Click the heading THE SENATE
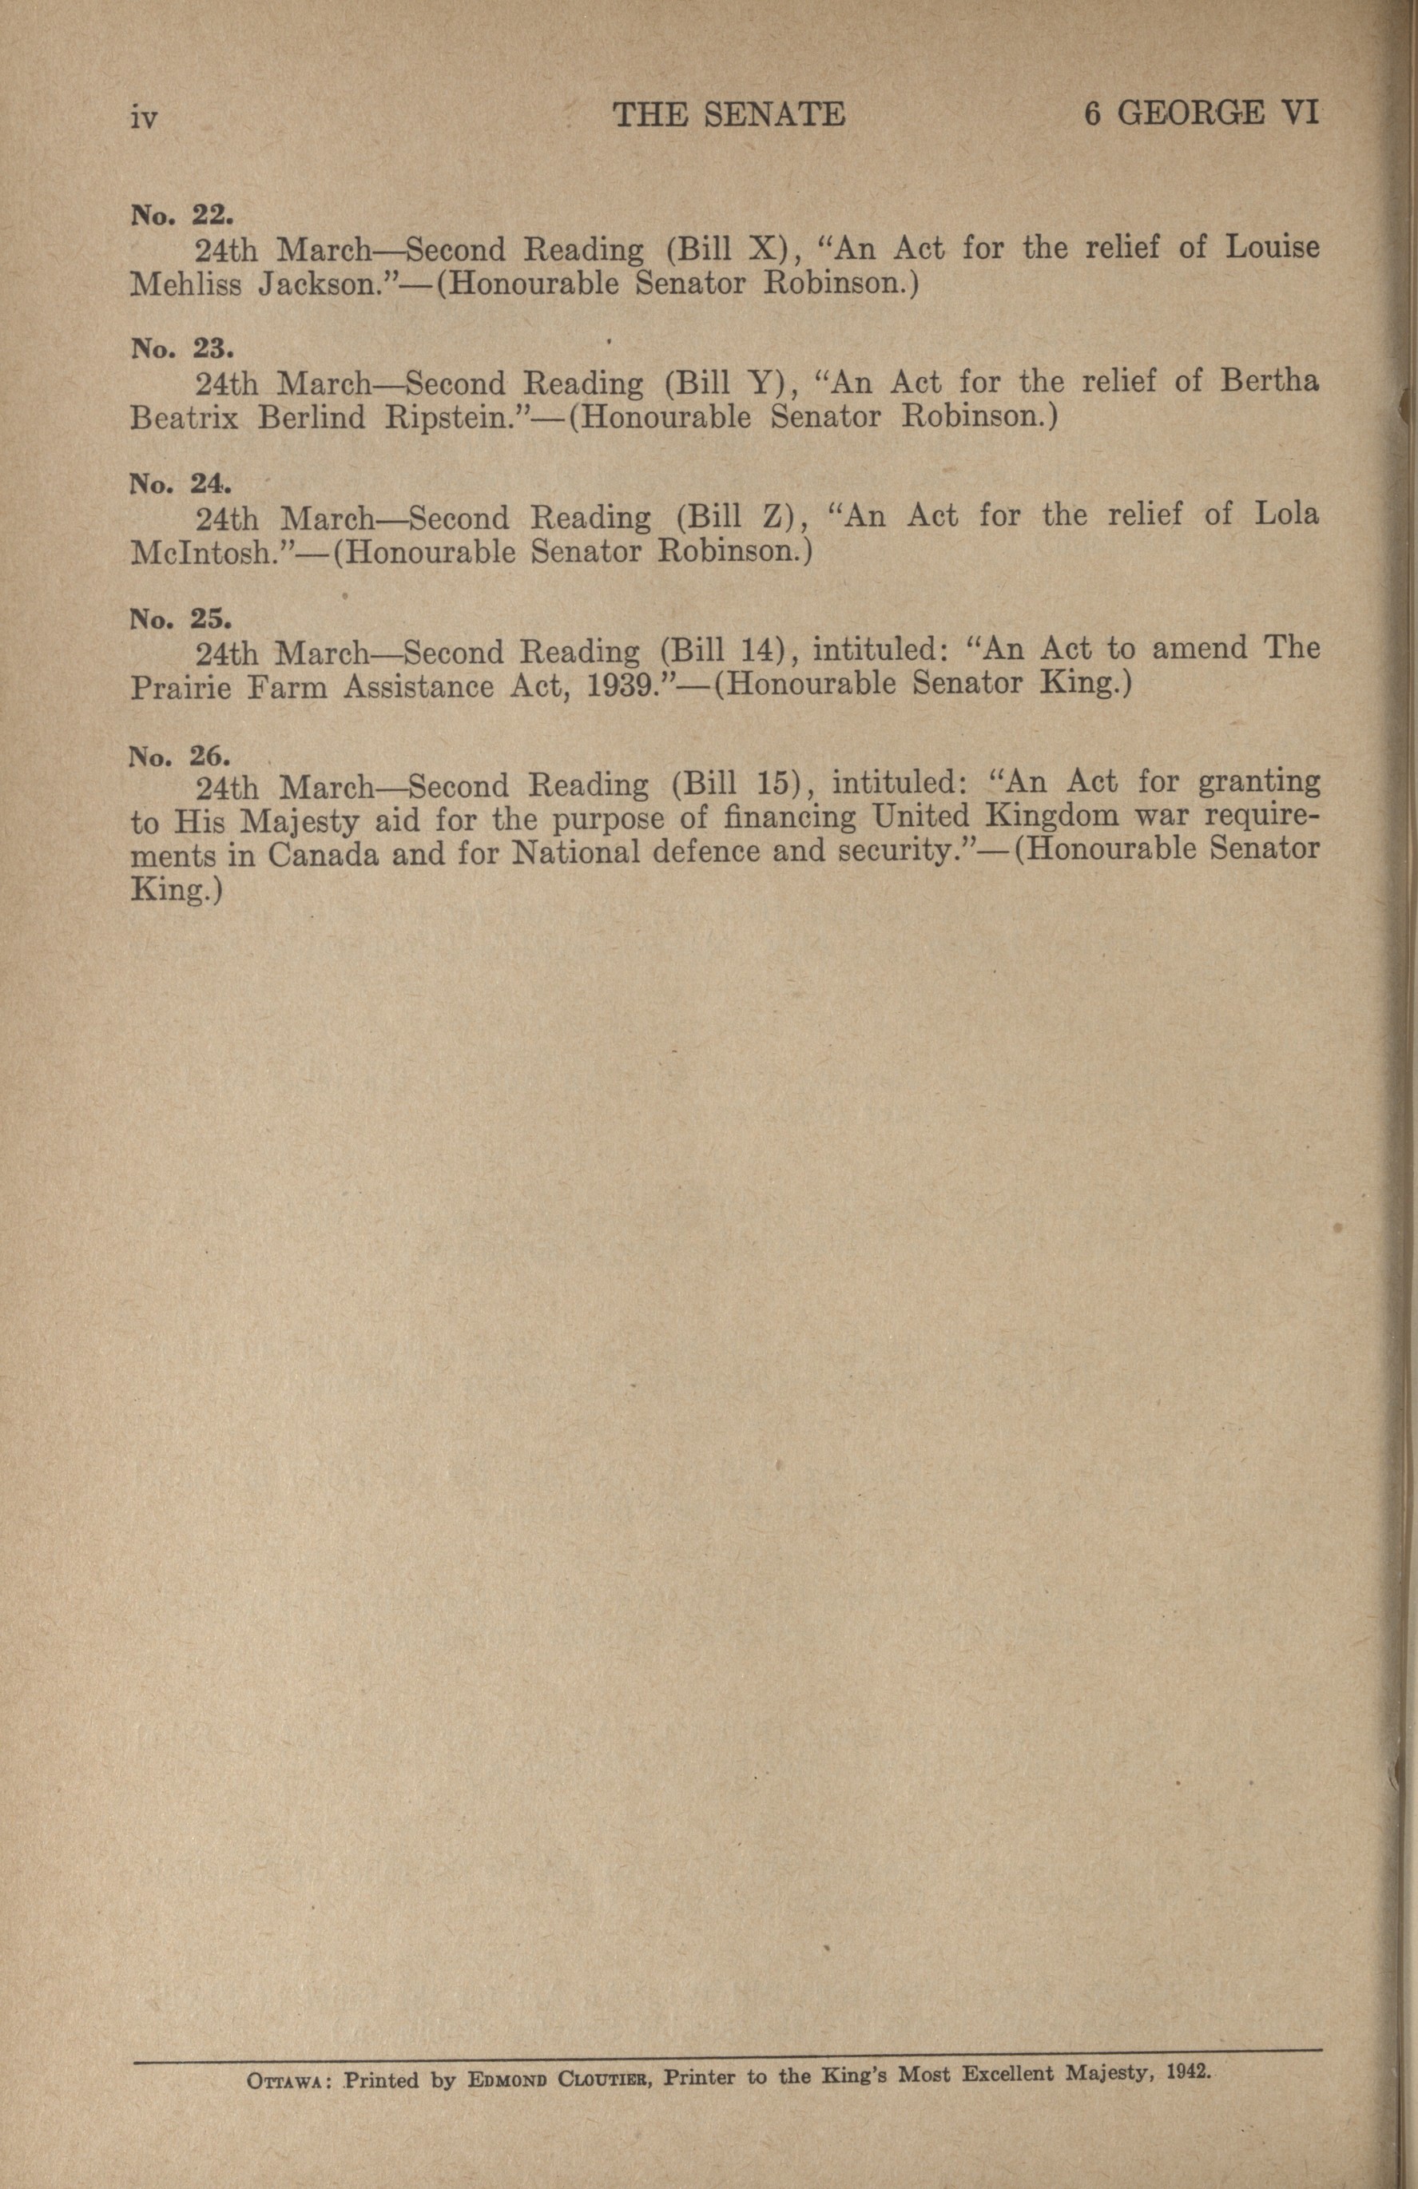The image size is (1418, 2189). pyautogui.click(x=729, y=114)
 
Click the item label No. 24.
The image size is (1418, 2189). pyautogui.click(x=181, y=484)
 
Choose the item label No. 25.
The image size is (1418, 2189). pyautogui.click(x=181, y=618)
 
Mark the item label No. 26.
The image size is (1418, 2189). pyautogui.click(x=181, y=755)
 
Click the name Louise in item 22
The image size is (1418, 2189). pyautogui.click(x=1272, y=247)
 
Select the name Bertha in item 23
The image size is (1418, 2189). pyautogui.click(x=1270, y=381)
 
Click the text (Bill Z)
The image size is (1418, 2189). pyautogui.click(x=735, y=517)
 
